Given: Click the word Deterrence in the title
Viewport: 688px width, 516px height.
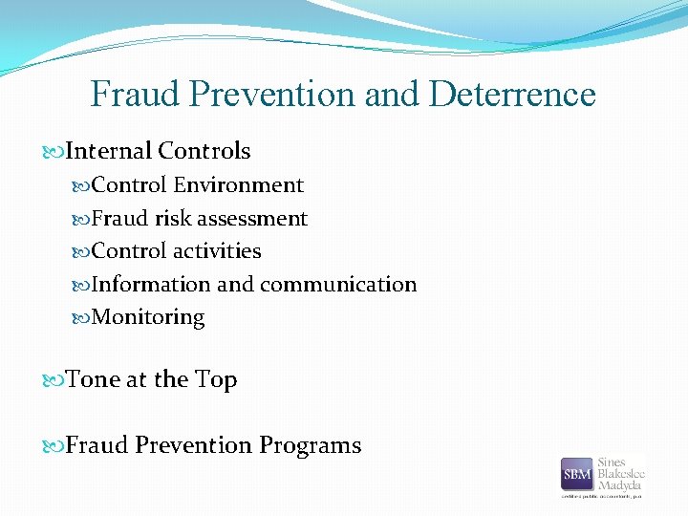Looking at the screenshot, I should click(x=512, y=95).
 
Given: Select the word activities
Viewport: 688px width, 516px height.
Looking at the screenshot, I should click(x=218, y=251).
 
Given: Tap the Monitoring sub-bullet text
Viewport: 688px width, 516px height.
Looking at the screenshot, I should click(x=147, y=317).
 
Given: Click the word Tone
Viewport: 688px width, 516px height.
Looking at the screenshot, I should click(x=94, y=379).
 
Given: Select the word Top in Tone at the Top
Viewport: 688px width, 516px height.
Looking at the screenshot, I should click(x=216, y=379).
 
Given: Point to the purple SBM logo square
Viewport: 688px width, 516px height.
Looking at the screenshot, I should click(x=577, y=475).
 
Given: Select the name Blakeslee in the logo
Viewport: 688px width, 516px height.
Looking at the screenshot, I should click(x=621, y=474).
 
